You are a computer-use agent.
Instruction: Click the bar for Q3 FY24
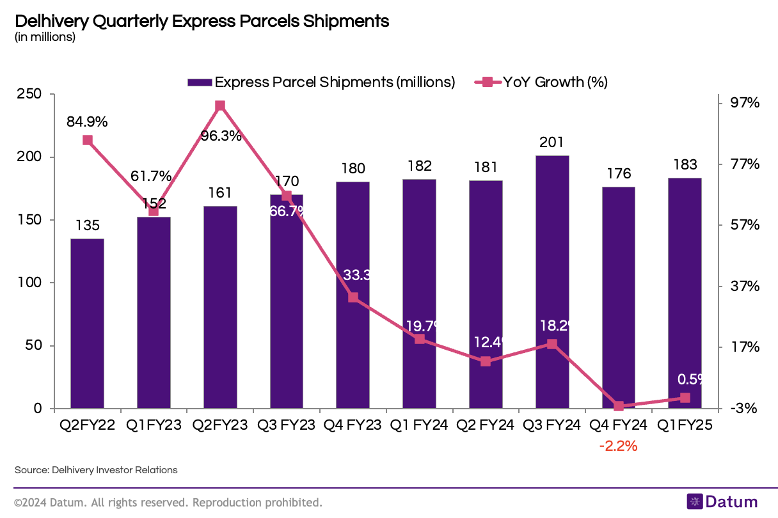pyautogui.click(x=552, y=281)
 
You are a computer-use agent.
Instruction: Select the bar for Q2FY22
pyautogui.click(x=87, y=323)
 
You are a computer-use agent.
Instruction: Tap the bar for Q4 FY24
pyautogui.click(x=619, y=297)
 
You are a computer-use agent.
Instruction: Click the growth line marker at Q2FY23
pyautogui.click(x=220, y=106)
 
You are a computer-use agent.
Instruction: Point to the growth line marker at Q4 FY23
pyautogui.click(x=353, y=297)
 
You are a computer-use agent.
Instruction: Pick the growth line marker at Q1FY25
pyautogui.click(x=685, y=398)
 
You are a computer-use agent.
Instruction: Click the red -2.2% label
pyautogui.click(x=618, y=446)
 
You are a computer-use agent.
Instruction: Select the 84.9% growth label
pyautogui.click(x=87, y=121)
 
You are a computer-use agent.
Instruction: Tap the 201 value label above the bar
pyautogui.click(x=552, y=142)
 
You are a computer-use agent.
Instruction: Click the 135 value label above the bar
pyautogui.click(x=87, y=225)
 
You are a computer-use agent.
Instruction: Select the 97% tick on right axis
pyautogui.click(x=745, y=103)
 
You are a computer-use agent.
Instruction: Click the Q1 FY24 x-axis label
pyautogui.click(x=419, y=425)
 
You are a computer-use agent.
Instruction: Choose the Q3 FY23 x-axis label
pyautogui.click(x=286, y=425)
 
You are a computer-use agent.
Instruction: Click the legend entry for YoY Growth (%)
pyautogui.click(x=540, y=82)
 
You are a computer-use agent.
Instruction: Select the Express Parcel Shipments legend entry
pyautogui.click(x=321, y=82)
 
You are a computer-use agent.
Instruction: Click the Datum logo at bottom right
pyautogui.click(x=722, y=502)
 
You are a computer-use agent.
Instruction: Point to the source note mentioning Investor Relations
pyautogui.click(x=96, y=470)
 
